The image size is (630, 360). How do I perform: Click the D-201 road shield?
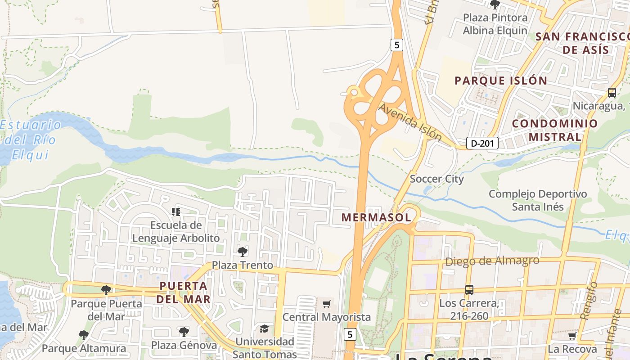tap(482, 144)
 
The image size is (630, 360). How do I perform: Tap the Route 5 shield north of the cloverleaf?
tap(396, 45)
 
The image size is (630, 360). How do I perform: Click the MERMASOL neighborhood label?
tap(376, 217)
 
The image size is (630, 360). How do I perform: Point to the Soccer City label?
tap(436, 179)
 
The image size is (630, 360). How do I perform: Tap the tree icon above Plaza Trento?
tap(243, 252)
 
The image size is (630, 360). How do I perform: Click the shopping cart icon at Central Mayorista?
tap(327, 304)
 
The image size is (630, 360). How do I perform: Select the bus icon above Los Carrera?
tap(469, 289)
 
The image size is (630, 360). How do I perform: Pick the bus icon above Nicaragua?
tap(612, 93)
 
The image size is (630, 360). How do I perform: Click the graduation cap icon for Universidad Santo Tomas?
tap(264, 329)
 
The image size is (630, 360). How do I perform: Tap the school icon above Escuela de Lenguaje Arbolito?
tap(176, 211)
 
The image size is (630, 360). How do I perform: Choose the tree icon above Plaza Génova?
tap(184, 332)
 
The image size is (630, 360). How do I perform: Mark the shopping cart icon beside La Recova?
tap(572, 336)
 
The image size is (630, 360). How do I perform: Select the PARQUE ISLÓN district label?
tap(501, 81)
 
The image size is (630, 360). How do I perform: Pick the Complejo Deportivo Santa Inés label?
tap(538, 200)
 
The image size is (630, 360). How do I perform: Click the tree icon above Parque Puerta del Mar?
tap(106, 290)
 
